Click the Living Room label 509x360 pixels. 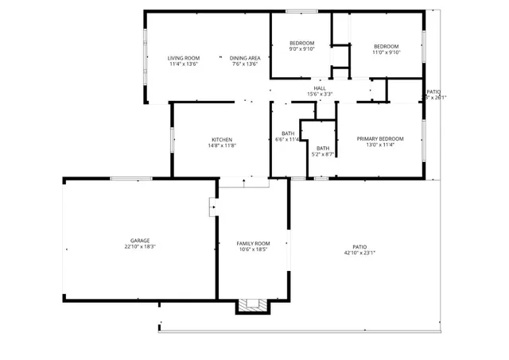(183, 58)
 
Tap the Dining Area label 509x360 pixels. (245, 58)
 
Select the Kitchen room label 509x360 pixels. (222, 140)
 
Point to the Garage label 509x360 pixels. (140, 241)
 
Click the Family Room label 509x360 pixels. (253, 243)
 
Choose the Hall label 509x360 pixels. (319, 88)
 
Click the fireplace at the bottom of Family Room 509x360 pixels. (253, 305)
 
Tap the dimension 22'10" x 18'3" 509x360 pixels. (140, 247)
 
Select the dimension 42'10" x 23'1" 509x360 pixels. (359, 254)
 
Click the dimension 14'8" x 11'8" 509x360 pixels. (222, 146)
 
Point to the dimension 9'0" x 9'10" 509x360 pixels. (301, 49)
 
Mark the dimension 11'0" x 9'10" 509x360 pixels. (387, 52)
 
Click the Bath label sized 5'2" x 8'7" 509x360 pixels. (323, 148)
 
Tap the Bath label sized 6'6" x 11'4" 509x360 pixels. (288, 134)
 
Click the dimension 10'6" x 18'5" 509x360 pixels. (253, 250)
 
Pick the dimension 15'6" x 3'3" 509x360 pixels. (319, 95)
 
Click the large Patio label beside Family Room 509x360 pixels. (359, 247)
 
